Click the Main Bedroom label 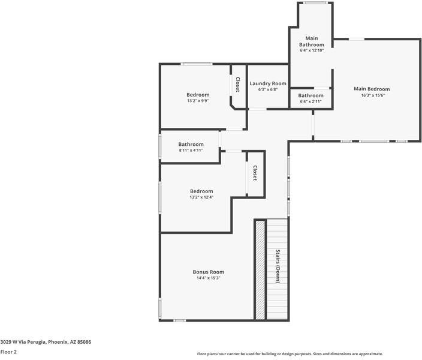pyautogui.click(x=372, y=89)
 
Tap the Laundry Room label pyautogui.click(x=268, y=83)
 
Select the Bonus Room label pyautogui.click(x=209, y=272)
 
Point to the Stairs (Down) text pyautogui.click(x=278, y=266)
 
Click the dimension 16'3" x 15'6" pyautogui.click(x=373, y=95)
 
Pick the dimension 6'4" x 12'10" pyautogui.click(x=312, y=50)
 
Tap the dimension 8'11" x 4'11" pyautogui.click(x=191, y=151)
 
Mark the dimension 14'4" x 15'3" pyautogui.click(x=209, y=278)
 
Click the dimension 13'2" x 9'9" pyautogui.click(x=198, y=101)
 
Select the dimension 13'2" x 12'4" pyautogui.click(x=201, y=197)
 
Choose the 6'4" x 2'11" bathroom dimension pyautogui.click(x=311, y=101)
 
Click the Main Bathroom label pyautogui.click(x=311, y=41)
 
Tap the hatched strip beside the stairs pyautogui.click(x=260, y=270)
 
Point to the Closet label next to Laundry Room pyautogui.click(x=237, y=85)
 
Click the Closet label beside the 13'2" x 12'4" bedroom pyautogui.click(x=255, y=173)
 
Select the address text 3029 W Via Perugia pyautogui.click(x=23, y=342)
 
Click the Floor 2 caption pyautogui.click(x=8, y=352)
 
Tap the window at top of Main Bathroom pyautogui.click(x=316, y=3)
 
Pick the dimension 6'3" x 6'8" pyautogui.click(x=268, y=89)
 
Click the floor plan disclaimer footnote pyautogui.click(x=290, y=354)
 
